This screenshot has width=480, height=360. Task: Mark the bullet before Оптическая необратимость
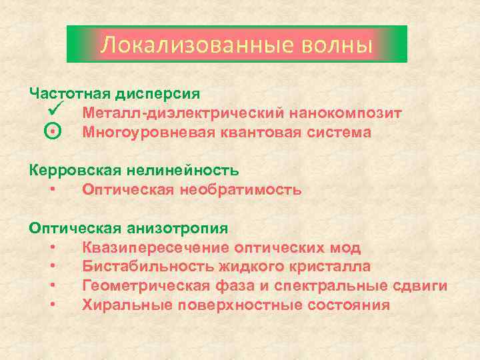click(52, 190)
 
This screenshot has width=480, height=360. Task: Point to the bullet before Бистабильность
click(52, 267)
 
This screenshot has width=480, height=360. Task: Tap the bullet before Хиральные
click(52, 305)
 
